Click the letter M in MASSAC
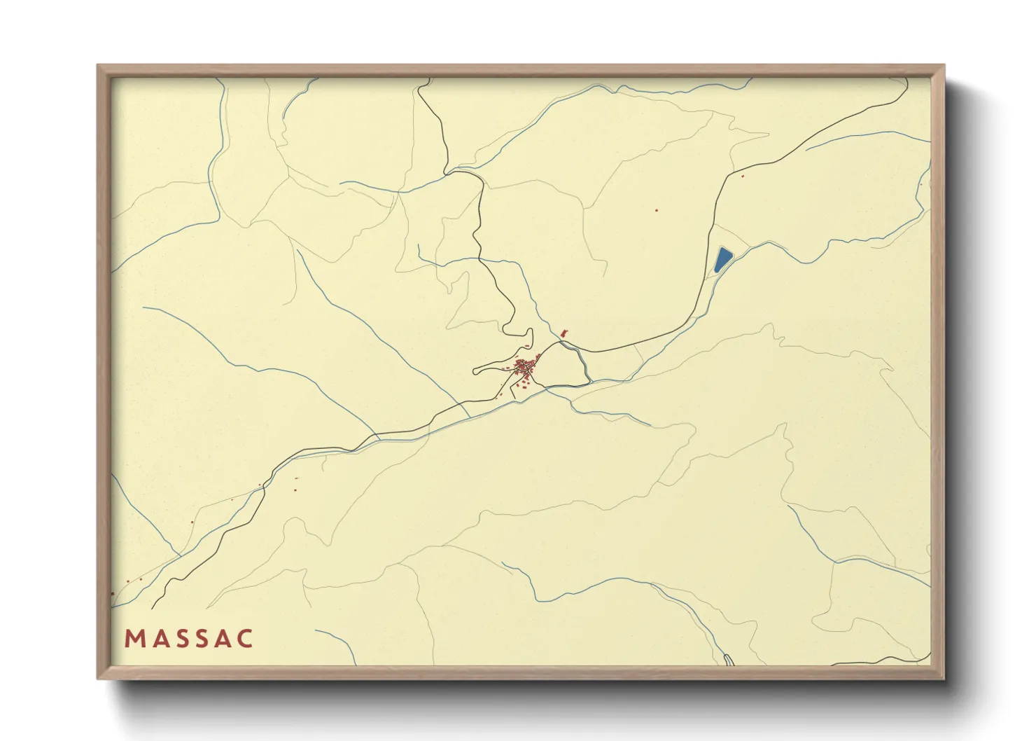[x=133, y=639]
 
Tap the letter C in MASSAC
[x=245, y=639]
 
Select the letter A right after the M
[x=157, y=639]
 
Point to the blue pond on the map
[x=722, y=259]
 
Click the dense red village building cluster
[x=525, y=366]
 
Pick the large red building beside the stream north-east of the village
[x=564, y=333]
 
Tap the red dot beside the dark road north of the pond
[x=742, y=175]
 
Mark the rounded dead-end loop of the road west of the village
[x=476, y=370]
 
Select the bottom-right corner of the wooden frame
[x=943, y=678]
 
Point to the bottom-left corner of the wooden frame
[x=99, y=678]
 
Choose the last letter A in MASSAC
[x=223, y=639]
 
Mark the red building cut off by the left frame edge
[x=112, y=593]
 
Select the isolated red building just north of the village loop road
[x=526, y=347]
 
